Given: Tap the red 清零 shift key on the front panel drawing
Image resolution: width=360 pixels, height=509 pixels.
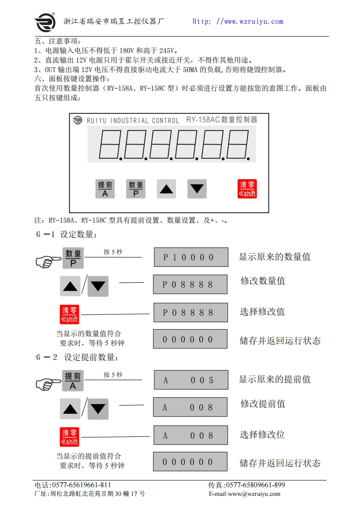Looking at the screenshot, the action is pos(247,189).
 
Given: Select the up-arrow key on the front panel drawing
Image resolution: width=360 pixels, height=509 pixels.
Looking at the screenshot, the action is pos(166,189).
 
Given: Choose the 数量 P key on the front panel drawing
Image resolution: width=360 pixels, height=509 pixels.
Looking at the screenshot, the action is pos(136,189).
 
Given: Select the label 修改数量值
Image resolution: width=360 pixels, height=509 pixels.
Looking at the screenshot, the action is pos(263,281).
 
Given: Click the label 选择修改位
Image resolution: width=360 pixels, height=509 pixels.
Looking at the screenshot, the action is pos(262,435).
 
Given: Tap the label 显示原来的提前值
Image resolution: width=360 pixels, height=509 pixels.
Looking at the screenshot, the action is pos(275,379).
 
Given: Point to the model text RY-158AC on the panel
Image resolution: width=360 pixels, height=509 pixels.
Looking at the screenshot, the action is pos(202,120).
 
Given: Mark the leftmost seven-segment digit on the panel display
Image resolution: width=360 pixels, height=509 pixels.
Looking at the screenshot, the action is pos(109,145).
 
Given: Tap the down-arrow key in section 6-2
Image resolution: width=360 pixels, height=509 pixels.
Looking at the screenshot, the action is pos(98,409).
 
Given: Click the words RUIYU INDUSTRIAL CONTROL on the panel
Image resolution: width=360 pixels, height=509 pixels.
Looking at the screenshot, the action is pos(133,121).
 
